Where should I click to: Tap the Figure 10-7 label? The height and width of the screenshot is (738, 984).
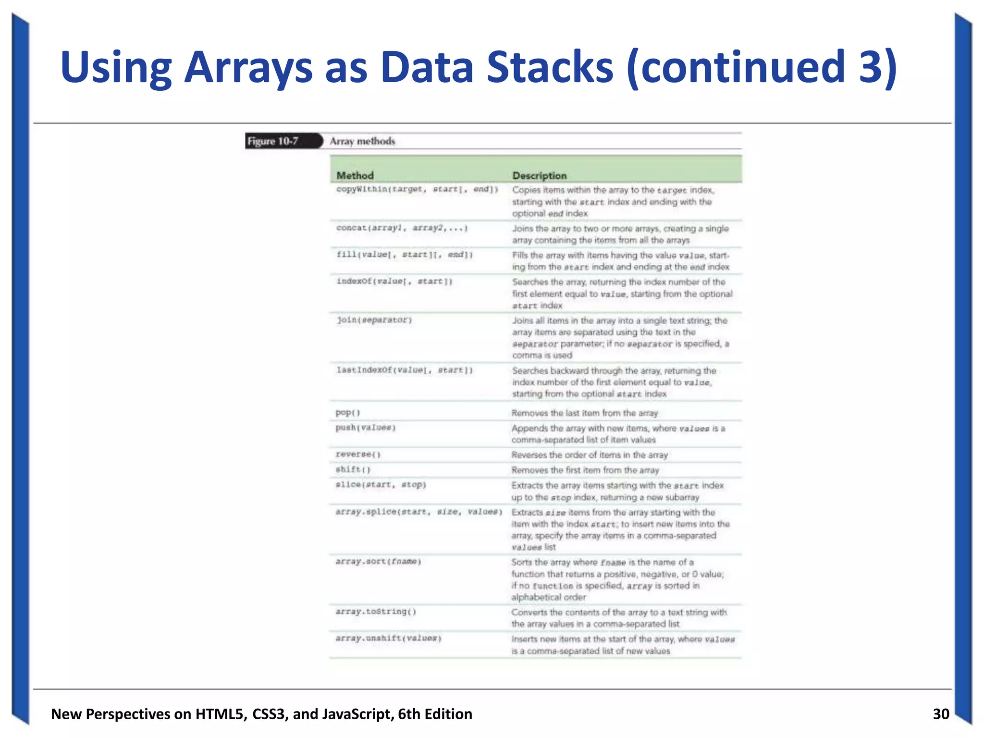(273, 141)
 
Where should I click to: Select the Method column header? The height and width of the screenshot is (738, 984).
(355, 175)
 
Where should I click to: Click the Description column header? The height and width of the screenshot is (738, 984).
(539, 175)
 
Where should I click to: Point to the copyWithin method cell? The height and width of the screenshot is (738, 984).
(417, 189)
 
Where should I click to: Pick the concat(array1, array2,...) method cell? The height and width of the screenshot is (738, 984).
(402, 228)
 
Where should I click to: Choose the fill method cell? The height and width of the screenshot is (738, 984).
(405, 255)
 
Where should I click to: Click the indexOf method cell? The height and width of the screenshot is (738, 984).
(394, 281)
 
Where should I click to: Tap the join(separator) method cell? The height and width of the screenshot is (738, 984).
(374, 320)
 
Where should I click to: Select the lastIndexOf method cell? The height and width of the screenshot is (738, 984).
(405, 370)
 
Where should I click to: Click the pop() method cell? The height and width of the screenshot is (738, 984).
(348, 413)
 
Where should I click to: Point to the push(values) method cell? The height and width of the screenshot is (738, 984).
(366, 428)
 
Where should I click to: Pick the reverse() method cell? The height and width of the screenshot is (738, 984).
(358, 455)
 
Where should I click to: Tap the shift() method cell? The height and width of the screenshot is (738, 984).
(353, 469)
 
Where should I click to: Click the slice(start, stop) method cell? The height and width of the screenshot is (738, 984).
(381, 485)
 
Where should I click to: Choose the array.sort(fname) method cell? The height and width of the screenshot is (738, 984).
(379, 562)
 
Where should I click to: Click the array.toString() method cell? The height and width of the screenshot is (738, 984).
(376, 612)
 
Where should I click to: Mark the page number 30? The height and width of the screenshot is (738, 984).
(941, 714)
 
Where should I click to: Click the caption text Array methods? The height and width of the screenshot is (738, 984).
(362, 141)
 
